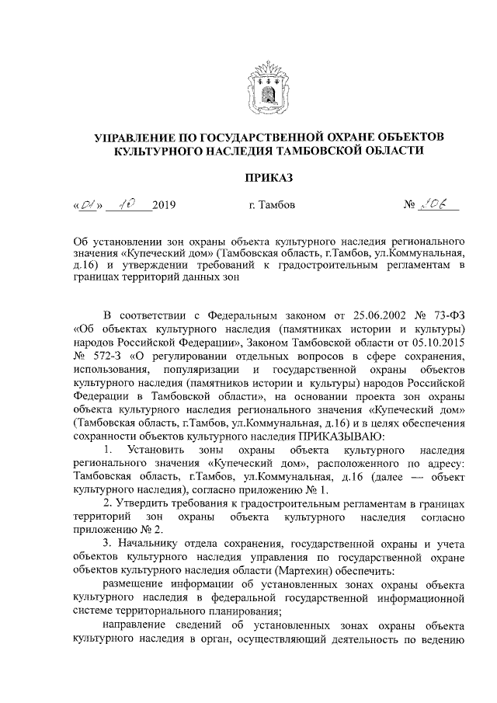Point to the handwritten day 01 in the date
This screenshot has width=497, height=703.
click(x=85, y=206)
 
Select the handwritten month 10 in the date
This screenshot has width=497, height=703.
click(x=123, y=205)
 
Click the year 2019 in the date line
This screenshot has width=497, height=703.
click(x=164, y=206)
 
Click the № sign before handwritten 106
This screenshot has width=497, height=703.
click(x=411, y=206)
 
